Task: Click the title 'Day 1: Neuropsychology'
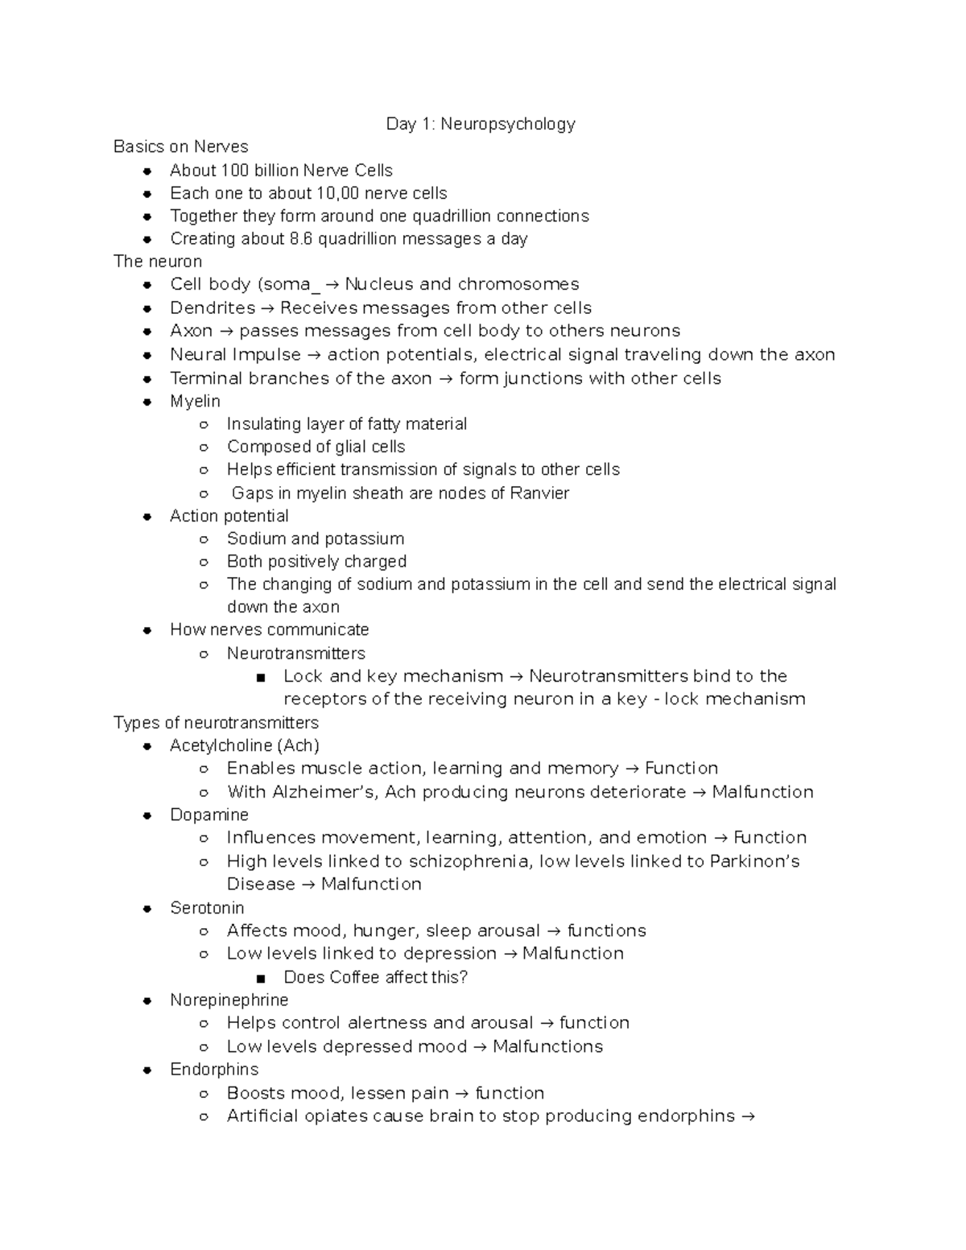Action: pos(481,124)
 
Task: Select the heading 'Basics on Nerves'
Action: pos(180,146)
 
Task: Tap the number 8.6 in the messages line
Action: pos(300,239)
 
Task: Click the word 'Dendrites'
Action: pos(213,308)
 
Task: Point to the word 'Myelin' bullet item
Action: pos(195,401)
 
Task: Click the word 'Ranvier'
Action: pos(539,493)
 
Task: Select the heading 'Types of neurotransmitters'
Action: pos(216,723)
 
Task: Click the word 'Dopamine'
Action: pos(209,815)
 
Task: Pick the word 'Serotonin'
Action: pos(207,908)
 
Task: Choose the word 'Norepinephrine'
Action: pos(229,1000)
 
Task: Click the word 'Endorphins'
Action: pos(214,1069)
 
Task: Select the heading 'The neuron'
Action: pos(158,262)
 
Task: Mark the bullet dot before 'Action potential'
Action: pos(147,517)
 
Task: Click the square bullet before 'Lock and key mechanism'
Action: pos(260,678)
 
